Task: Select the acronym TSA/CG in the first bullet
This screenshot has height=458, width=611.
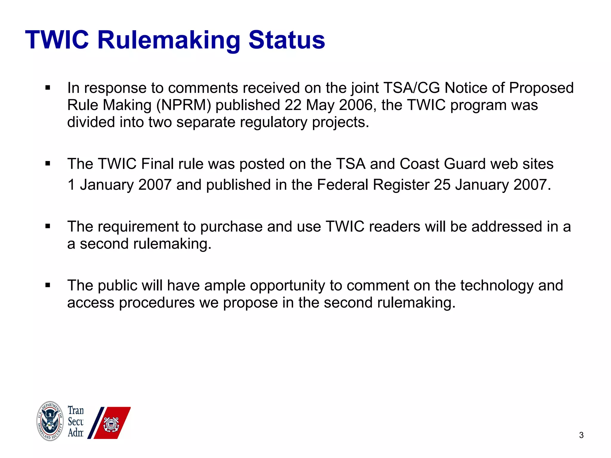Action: pos(411,88)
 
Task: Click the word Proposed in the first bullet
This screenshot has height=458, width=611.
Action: pos(541,88)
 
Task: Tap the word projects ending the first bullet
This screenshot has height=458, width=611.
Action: pos(340,123)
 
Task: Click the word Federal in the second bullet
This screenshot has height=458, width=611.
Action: pos(342,185)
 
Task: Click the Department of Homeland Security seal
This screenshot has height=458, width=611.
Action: pos(50,421)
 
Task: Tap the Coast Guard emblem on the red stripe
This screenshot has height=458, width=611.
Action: pos(111,424)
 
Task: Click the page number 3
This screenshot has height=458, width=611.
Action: pos(581,435)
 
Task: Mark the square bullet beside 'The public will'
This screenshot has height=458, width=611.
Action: pos(48,285)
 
